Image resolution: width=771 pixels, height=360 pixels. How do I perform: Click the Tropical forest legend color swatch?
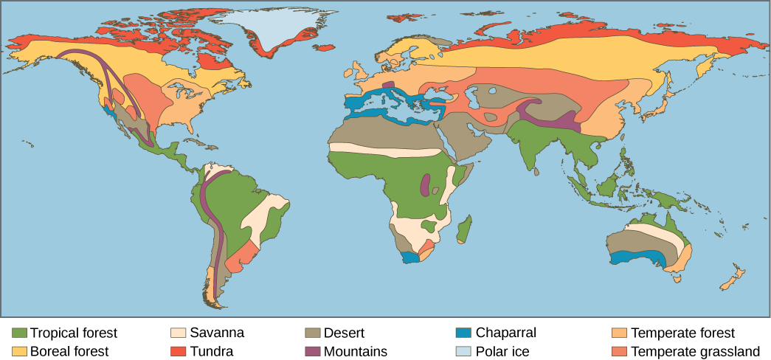click(x=19, y=333)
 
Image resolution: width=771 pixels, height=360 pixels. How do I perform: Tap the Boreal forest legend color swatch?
click(x=19, y=351)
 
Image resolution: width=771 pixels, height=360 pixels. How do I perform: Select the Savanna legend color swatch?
click(x=178, y=333)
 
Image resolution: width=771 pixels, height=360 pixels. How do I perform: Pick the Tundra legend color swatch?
click(x=178, y=351)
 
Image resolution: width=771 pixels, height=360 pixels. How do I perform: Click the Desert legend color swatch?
click(x=312, y=333)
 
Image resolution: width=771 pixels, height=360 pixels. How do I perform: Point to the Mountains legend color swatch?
click(x=312, y=351)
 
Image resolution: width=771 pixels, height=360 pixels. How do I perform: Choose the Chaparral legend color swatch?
click(x=463, y=333)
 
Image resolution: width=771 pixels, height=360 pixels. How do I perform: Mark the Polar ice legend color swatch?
click(x=463, y=351)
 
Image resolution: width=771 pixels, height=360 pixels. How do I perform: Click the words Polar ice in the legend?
click(x=502, y=352)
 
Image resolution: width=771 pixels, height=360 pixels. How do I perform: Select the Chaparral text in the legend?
click(x=506, y=333)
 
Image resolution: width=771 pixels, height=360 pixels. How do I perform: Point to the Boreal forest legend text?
click(x=69, y=352)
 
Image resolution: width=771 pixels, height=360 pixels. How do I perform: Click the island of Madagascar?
click(x=464, y=229)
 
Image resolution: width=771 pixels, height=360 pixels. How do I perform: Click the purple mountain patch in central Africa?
click(x=425, y=185)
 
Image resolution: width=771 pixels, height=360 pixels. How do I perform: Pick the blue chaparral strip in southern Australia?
click(x=639, y=257)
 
